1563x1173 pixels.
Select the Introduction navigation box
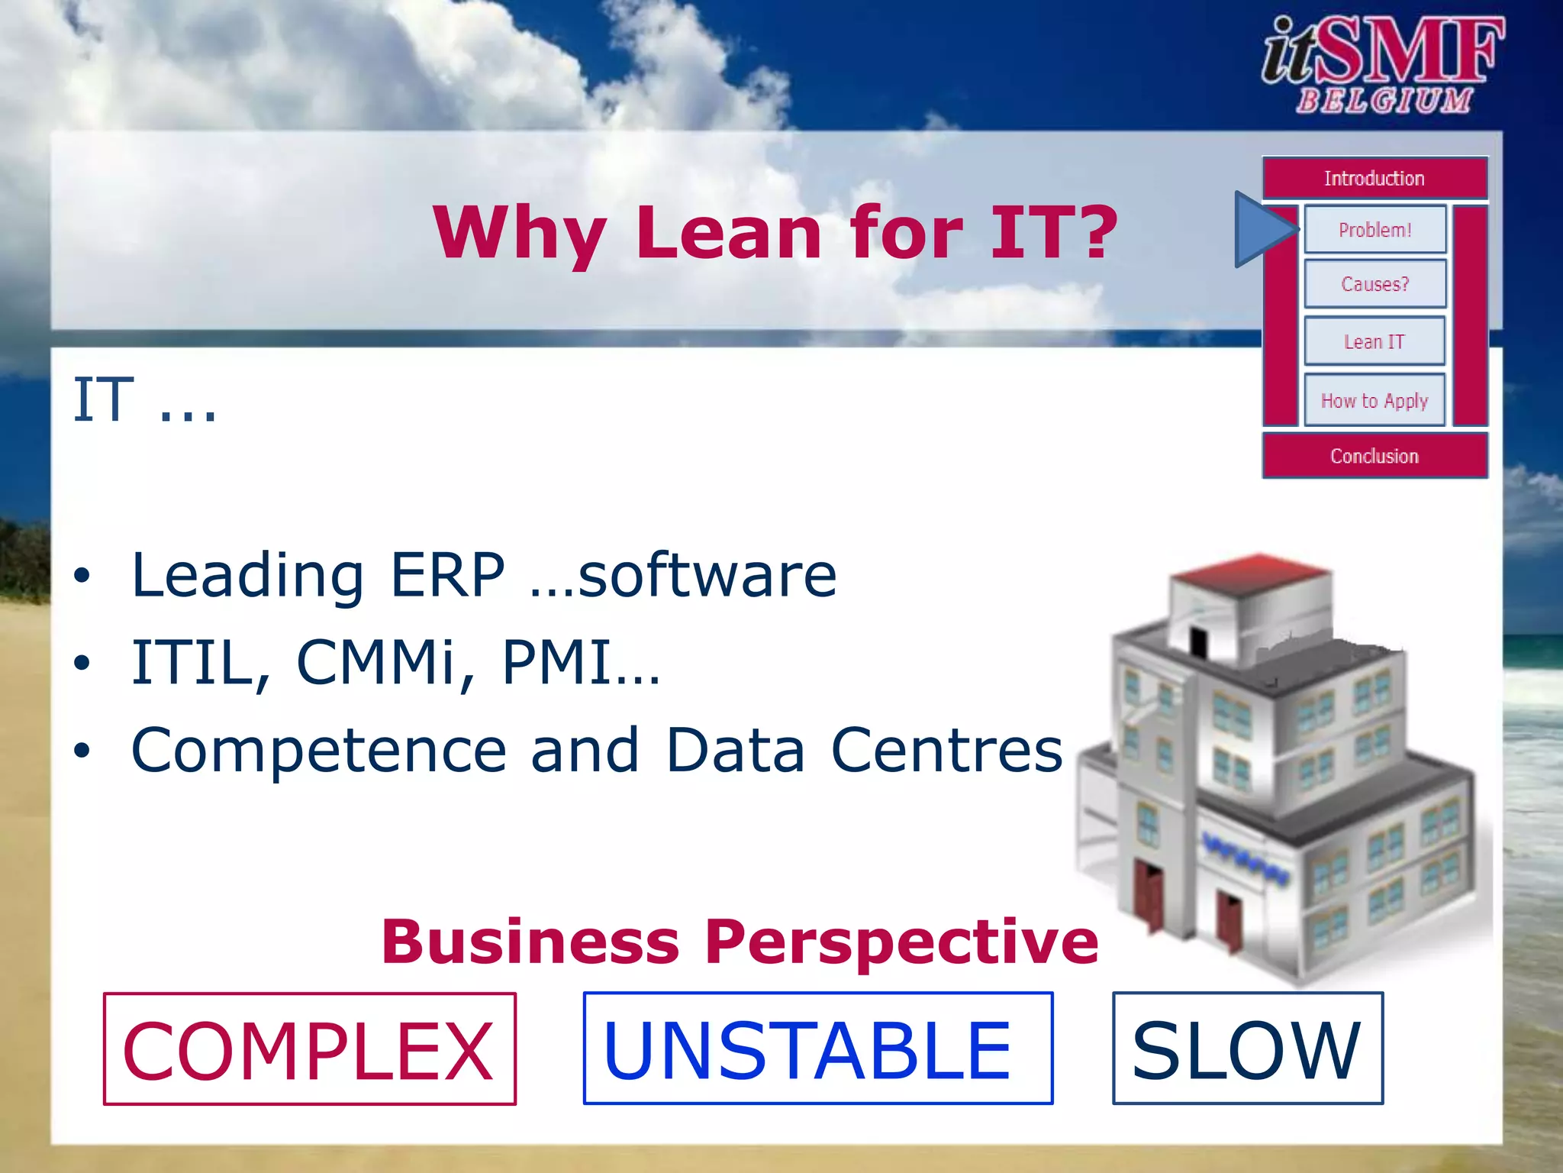pyautogui.click(x=1374, y=179)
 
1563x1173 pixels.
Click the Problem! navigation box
pyautogui.click(x=1374, y=230)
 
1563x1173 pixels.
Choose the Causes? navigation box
pyautogui.click(x=1374, y=284)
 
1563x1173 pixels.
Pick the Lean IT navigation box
pyautogui.click(x=1374, y=341)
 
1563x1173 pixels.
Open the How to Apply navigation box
pyautogui.click(x=1374, y=400)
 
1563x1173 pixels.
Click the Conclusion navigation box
pyautogui.click(x=1374, y=456)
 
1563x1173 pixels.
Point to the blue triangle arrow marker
pyautogui.click(x=1261, y=229)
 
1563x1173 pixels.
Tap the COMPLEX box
pyautogui.click(x=309, y=1049)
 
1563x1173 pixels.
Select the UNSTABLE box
pyautogui.click(x=817, y=1049)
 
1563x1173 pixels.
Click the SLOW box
pyautogui.click(x=1247, y=1049)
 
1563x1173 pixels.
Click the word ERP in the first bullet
pyautogui.click(x=447, y=575)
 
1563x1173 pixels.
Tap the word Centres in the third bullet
pyautogui.click(x=946, y=750)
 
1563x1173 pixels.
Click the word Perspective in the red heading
pyautogui.click(x=901, y=942)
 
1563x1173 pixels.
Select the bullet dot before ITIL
pyautogui.click(x=82, y=663)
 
